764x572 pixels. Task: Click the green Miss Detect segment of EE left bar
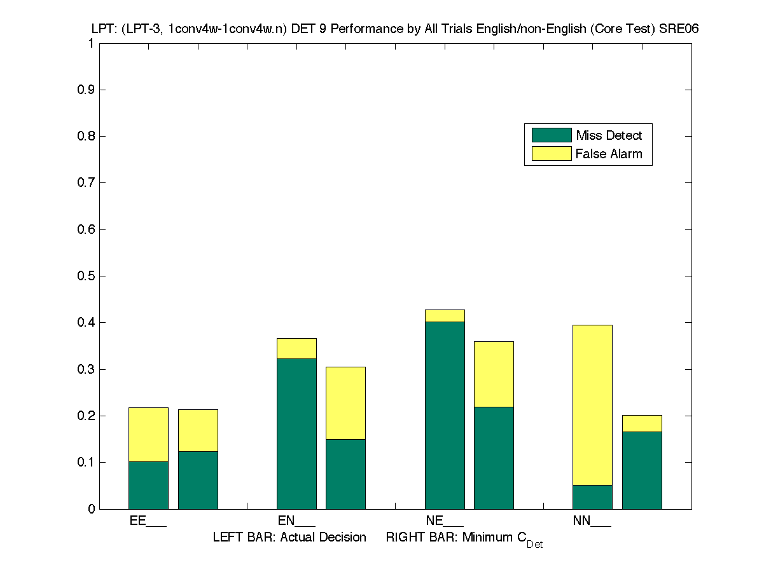tap(148, 485)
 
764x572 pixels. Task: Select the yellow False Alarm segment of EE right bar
tap(198, 430)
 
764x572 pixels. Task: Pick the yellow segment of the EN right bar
tap(345, 403)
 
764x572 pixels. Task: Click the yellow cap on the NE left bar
tap(445, 316)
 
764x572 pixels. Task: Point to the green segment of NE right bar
tap(494, 458)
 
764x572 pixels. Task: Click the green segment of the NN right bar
tap(642, 470)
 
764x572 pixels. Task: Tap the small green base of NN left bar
tap(592, 497)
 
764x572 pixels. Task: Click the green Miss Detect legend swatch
tap(552, 135)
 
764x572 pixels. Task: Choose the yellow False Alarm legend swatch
tap(552, 154)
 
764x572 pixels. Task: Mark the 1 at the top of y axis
tap(92, 43)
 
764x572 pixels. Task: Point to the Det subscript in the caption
tap(534, 545)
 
